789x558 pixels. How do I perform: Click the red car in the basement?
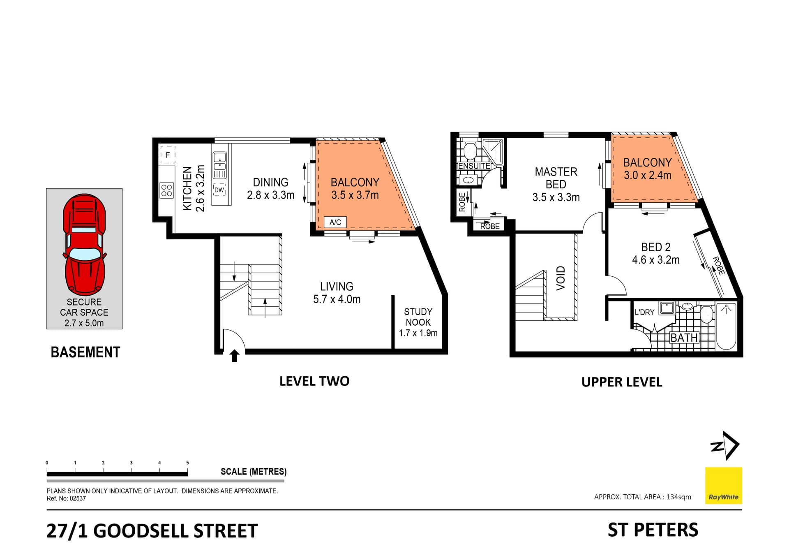coord(84,245)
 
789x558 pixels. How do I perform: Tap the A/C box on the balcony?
coord(335,222)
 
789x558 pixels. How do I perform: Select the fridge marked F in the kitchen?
coord(168,155)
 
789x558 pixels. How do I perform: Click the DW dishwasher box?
coord(219,190)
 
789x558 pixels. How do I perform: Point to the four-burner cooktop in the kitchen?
coord(167,190)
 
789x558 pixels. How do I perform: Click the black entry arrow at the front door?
coord(235,356)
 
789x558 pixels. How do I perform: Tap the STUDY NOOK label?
coord(418,317)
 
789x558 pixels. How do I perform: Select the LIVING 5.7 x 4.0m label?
coord(337,293)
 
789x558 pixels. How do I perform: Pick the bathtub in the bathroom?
coord(726,326)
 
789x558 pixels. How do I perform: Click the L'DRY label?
coord(644,313)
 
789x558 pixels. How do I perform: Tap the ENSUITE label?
coord(474,166)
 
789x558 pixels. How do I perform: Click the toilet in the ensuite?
coord(470,151)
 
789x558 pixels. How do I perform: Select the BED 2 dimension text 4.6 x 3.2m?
coord(655,260)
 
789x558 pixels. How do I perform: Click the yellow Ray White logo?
coord(723,486)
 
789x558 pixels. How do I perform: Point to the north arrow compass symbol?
coord(725,445)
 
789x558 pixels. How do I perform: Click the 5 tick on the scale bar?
coord(187,463)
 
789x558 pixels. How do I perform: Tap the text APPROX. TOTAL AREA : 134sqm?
coord(642,497)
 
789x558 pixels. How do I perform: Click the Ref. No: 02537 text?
coord(66,498)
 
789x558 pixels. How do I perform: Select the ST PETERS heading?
coord(653,530)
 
